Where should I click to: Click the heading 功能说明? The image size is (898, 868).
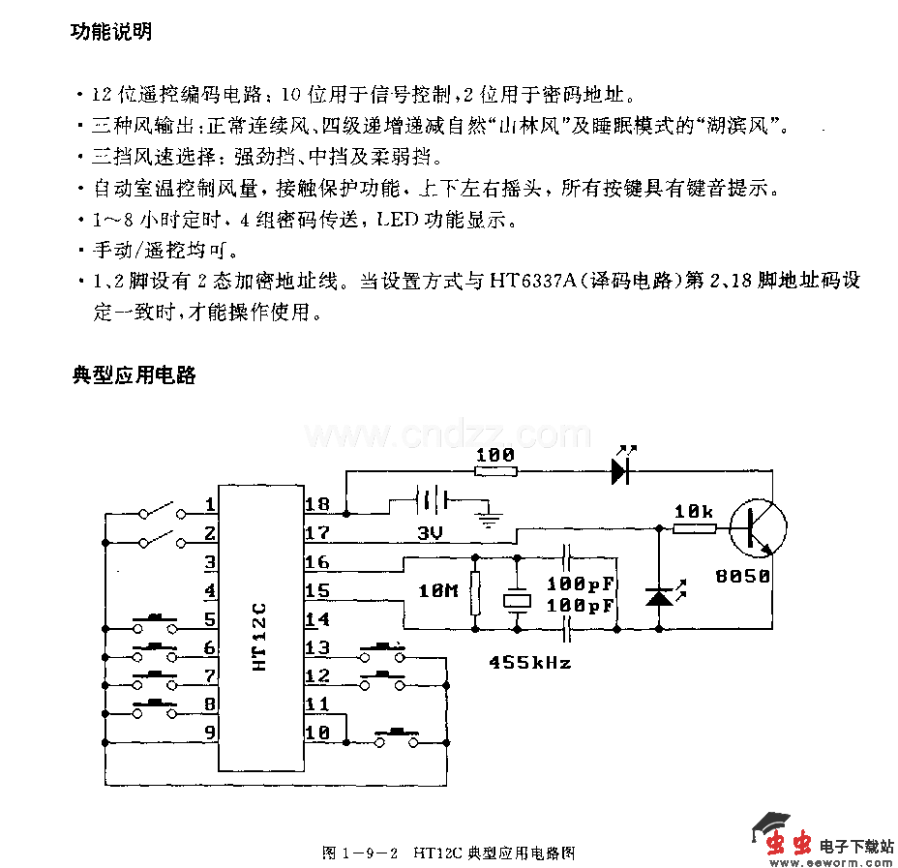[x=111, y=32]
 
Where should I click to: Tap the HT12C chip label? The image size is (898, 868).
[x=258, y=639]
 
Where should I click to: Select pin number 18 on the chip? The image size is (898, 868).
[x=316, y=503]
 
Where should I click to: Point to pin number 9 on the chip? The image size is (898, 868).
[x=210, y=733]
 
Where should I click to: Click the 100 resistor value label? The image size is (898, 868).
[x=494, y=454]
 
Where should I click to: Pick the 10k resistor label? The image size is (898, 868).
[x=694, y=510]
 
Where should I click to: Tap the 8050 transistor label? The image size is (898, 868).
[x=743, y=576]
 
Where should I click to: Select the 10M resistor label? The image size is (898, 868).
[x=438, y=589]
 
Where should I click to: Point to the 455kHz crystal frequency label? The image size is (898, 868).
[x=529, y=663]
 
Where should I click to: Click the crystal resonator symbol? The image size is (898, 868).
[x=518, y=600]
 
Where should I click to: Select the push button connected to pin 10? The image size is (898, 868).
[x=398, y=737]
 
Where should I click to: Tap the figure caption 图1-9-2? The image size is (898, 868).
[x=361, y=853]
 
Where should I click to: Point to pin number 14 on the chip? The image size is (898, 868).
[x=316, y=619]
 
